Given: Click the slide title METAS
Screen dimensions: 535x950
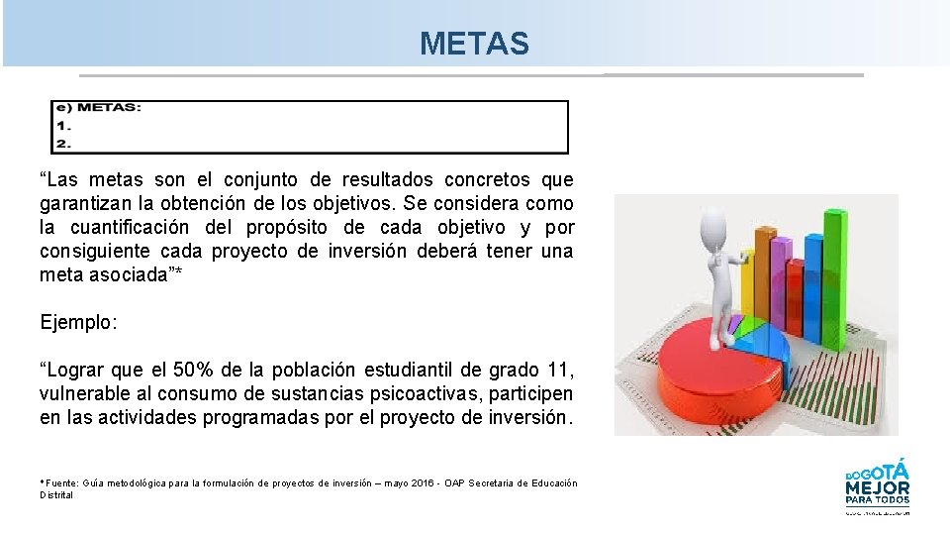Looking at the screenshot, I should (474, 44).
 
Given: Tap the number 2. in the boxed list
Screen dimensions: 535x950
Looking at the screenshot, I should (63, 144).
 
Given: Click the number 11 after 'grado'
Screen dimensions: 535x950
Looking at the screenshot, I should (557, 371).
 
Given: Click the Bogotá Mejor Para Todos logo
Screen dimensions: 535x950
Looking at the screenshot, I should (877, 484).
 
